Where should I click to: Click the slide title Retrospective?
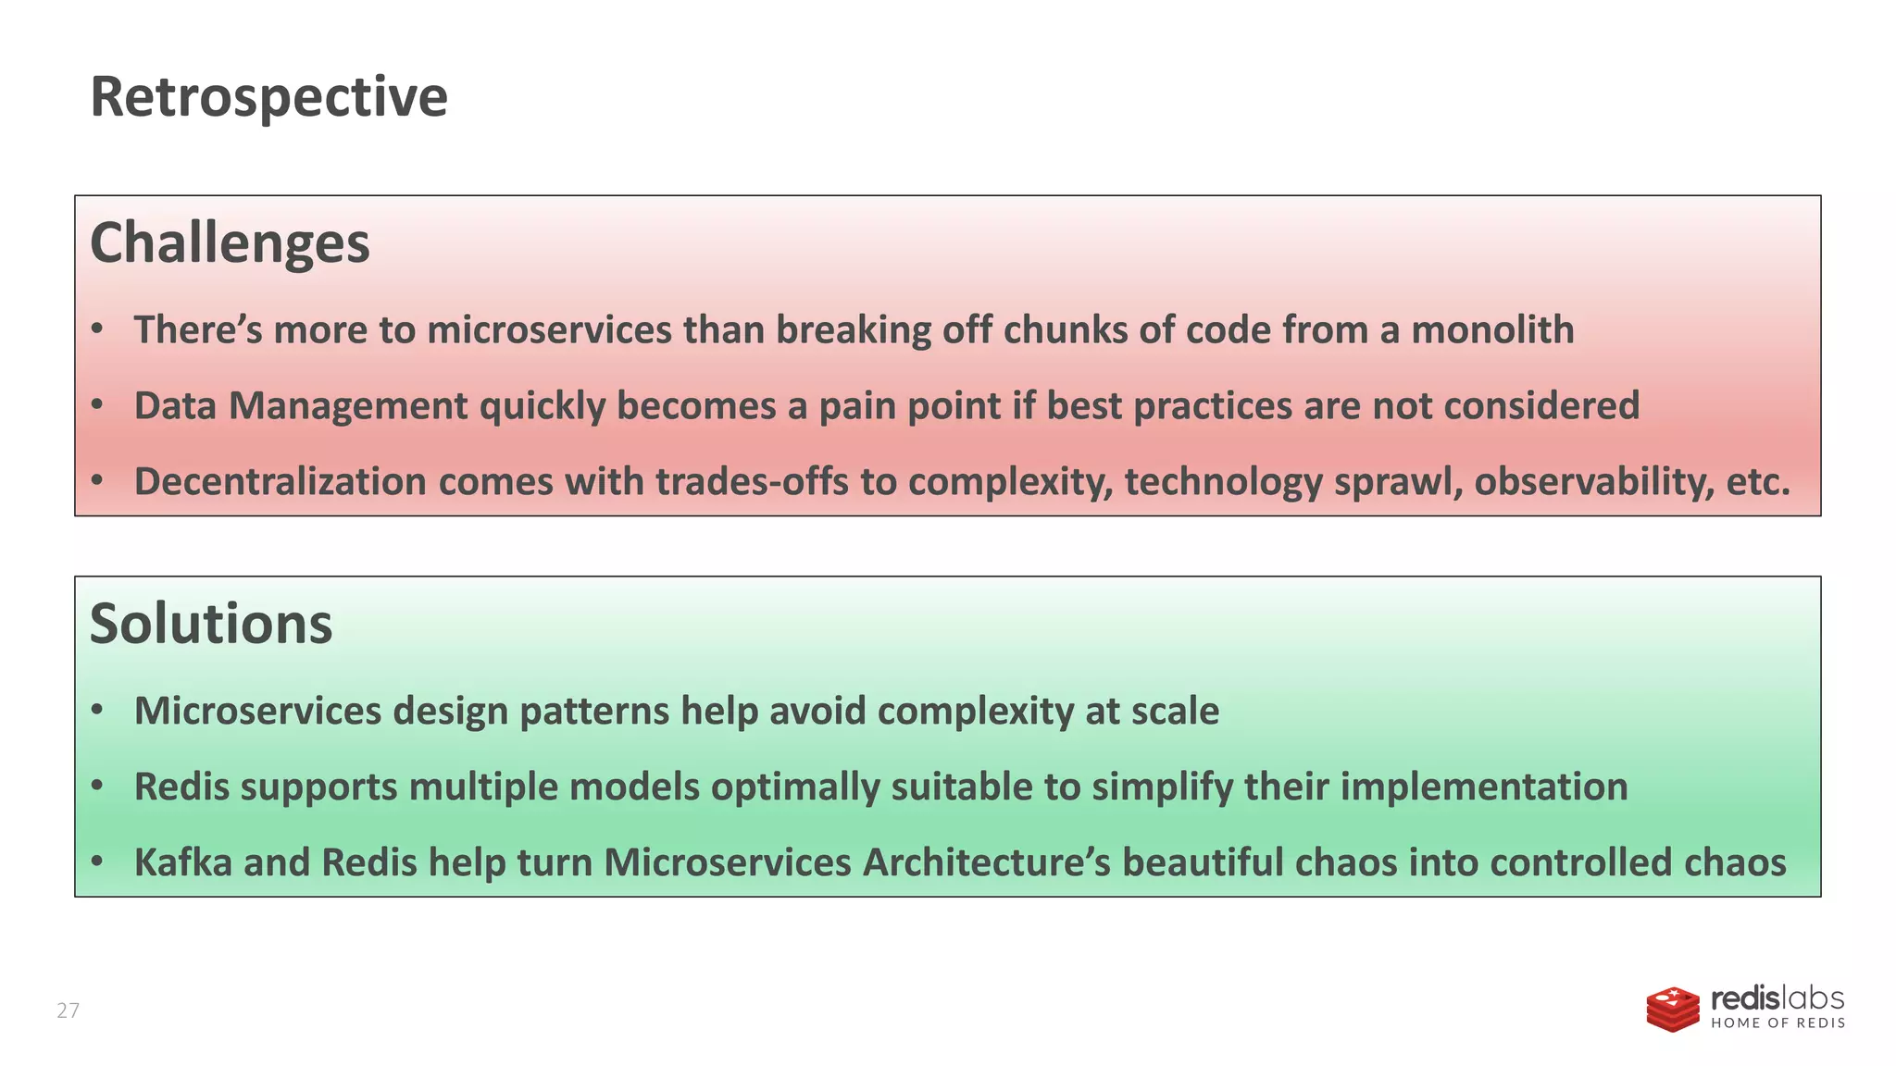pos(268,96)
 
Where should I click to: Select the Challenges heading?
pos(230,243)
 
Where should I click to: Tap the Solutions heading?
pos(211,624)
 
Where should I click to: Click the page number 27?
pos(69,1010)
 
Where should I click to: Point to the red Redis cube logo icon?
pos(1673,1009)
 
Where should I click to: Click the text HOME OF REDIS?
pos(1777,1023)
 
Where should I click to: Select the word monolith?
pos(1492,330)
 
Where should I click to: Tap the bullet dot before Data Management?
pos(97,405)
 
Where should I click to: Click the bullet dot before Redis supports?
pos(97,787)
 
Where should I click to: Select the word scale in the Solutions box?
pos(1176,711)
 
